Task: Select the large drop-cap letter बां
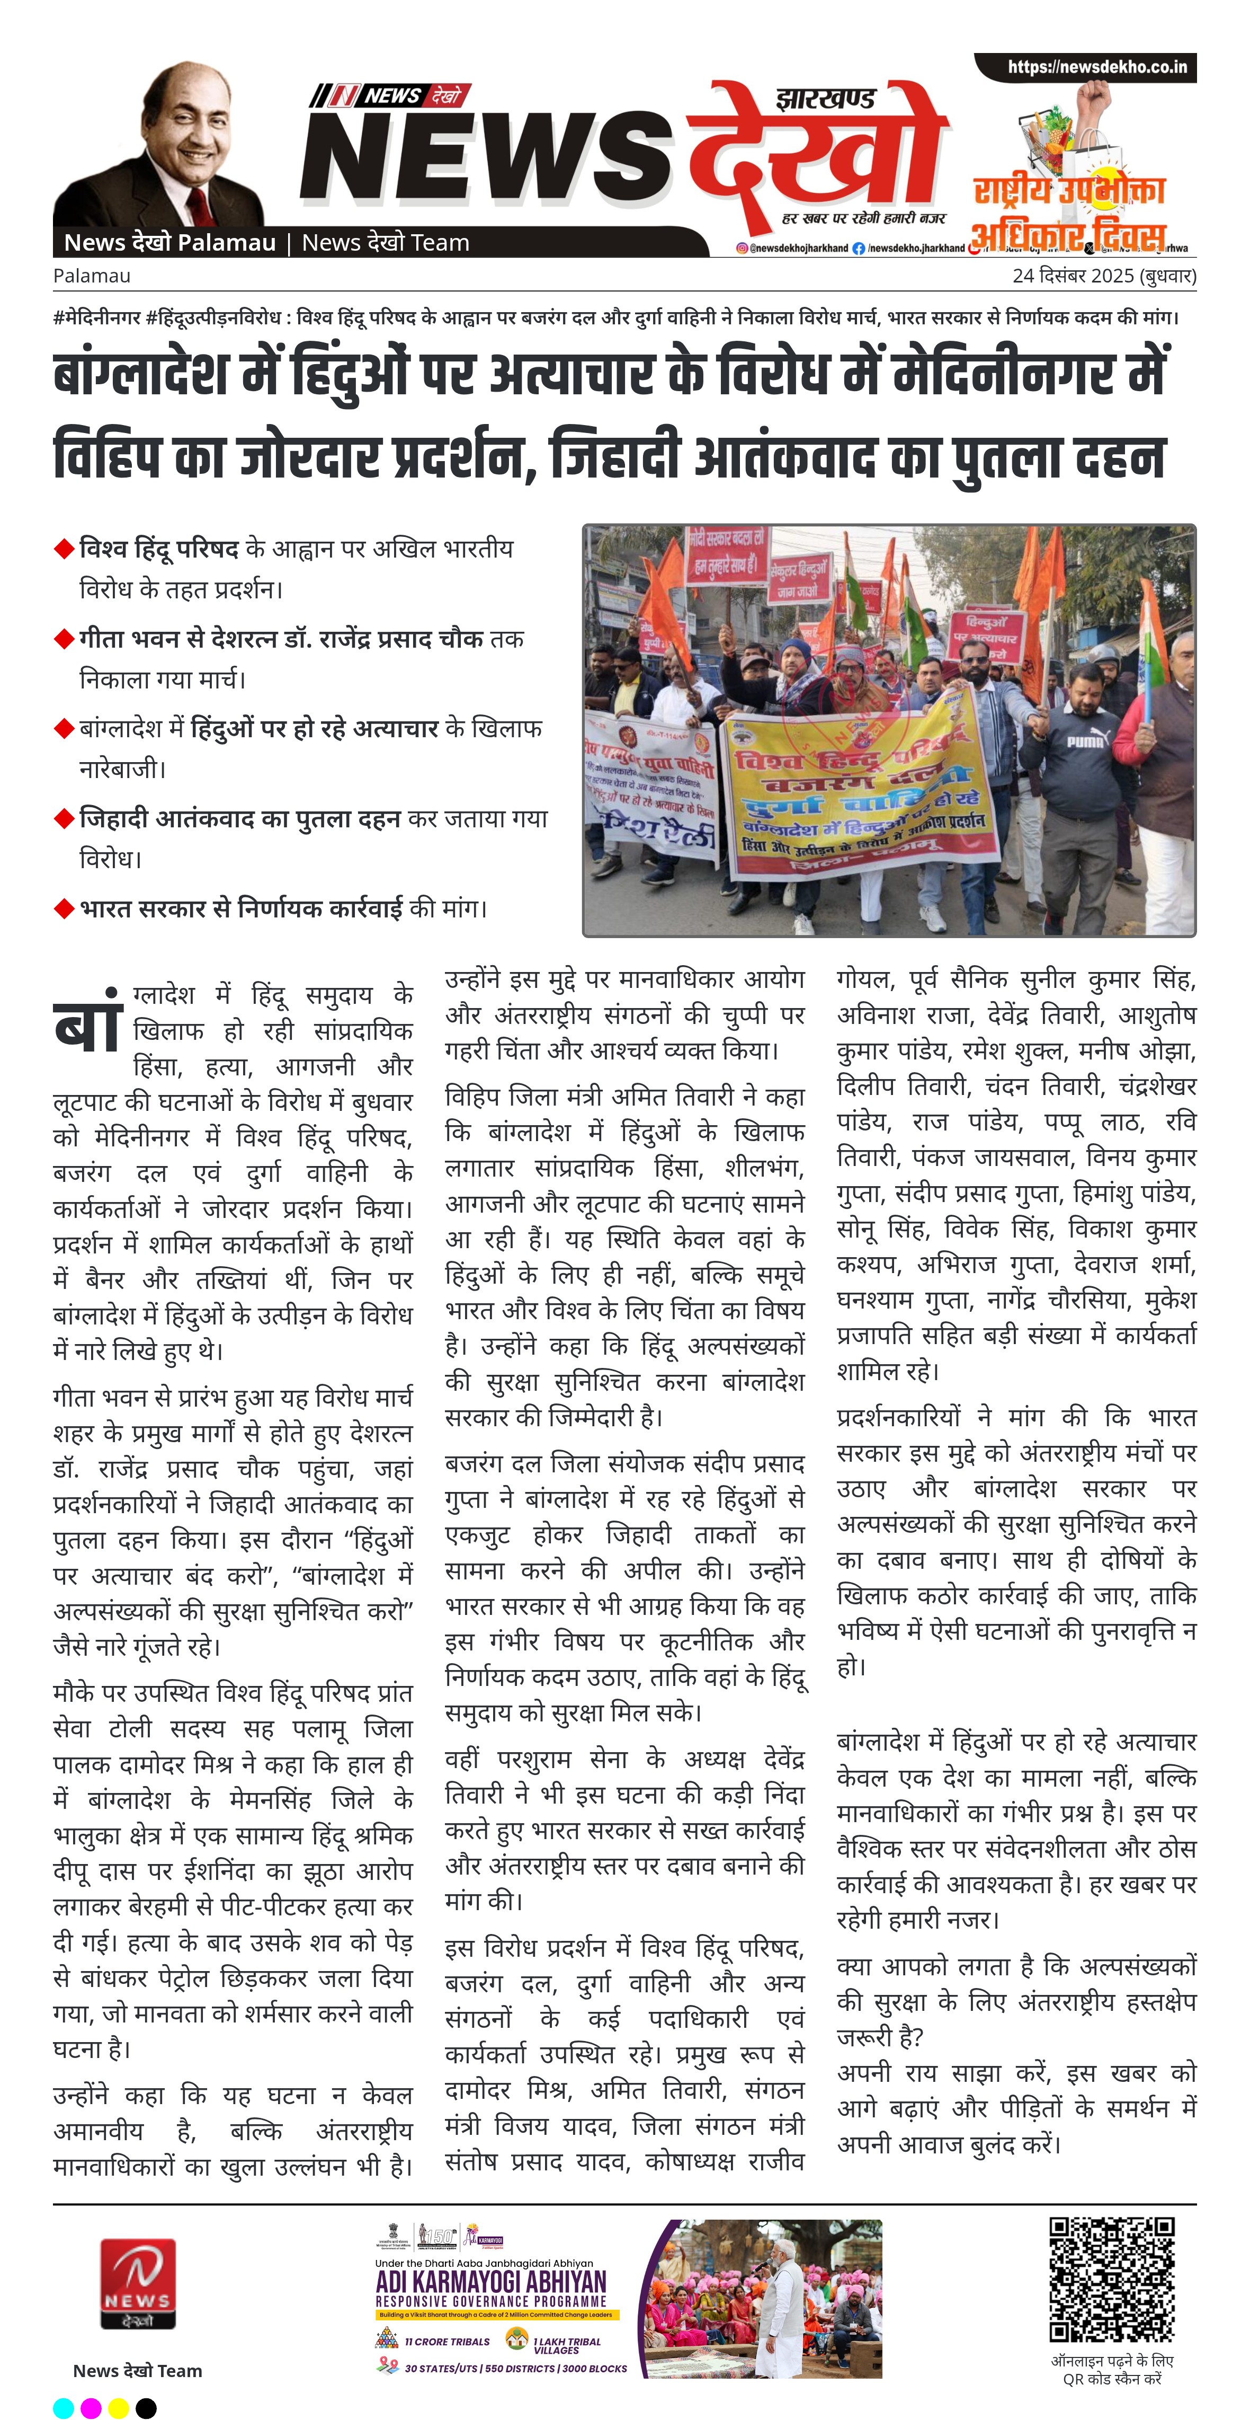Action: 89,1021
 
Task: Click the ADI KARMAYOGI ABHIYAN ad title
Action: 490,2283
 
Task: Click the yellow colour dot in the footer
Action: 118,2407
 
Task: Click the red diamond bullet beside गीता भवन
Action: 64,639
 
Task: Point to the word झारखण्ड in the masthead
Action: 826,99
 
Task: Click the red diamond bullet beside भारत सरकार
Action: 64,908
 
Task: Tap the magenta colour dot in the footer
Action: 91,2407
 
